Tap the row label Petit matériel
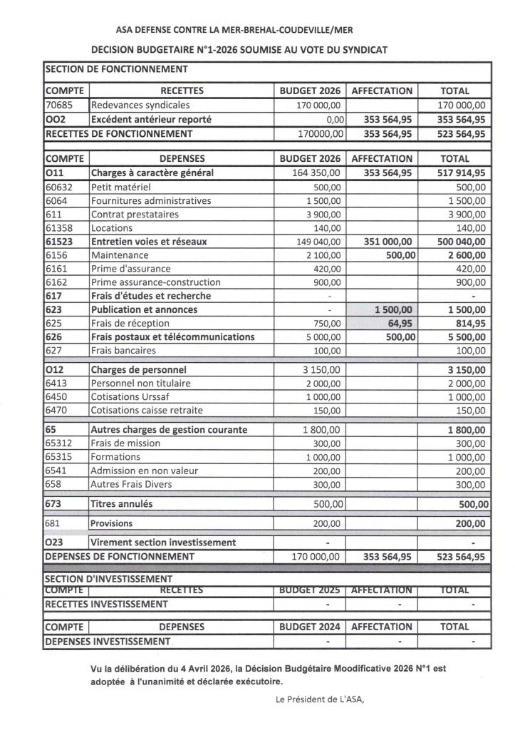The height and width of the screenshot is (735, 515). (120, 187)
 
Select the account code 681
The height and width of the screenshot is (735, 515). (53, 523)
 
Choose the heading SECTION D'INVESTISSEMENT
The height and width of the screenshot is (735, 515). (109, 579)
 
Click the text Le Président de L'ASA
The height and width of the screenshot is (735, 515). (319, 699)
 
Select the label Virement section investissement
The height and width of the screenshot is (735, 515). (163, 543)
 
